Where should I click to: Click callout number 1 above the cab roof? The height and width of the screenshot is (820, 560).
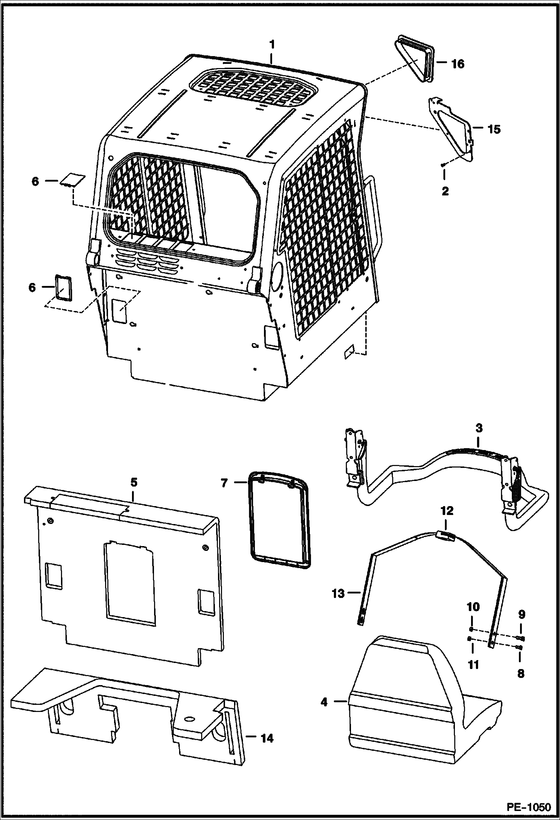tap(272, 45)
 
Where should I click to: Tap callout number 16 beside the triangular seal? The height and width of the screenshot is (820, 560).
tap(457, 64)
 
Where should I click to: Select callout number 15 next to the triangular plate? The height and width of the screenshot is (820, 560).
tap(493, 129)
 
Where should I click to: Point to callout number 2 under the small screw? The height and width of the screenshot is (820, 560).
tap(445, 191)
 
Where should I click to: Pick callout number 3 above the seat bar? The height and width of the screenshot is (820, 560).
tap(479, 428)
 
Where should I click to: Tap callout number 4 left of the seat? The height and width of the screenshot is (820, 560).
tap(324, 702)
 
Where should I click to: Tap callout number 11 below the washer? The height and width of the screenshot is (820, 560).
tap(473, 665)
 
